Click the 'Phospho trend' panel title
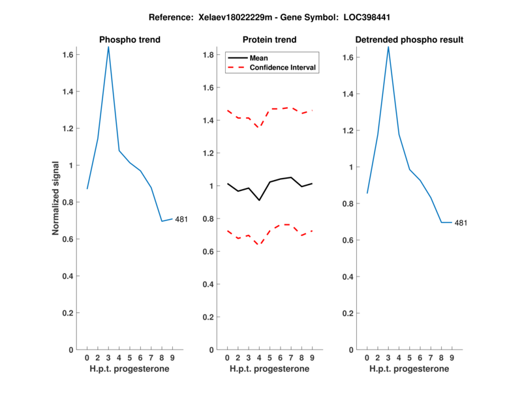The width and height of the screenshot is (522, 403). click(x=129, y=40)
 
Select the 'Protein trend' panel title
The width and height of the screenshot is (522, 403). click(x=269, y=40)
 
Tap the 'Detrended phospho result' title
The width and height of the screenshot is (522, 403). click(x=409, y=40)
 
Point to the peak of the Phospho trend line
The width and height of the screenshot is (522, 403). click(x=108, y=47)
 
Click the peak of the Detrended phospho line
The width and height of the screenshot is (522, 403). click(x=388, y=47)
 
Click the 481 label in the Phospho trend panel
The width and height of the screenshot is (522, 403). click(x=181, y=219)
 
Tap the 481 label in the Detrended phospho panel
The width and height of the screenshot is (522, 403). click(x=461, y=223)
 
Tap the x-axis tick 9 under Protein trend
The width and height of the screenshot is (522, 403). click(x=313, y=357)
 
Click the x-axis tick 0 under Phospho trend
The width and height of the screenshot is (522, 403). click(x=87, y=357)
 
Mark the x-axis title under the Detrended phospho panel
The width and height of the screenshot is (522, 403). click(x=409, y=368)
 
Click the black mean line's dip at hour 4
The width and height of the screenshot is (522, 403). click(x=259, y=200)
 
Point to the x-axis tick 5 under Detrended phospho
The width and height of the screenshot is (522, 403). click(x=409, y=357)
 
